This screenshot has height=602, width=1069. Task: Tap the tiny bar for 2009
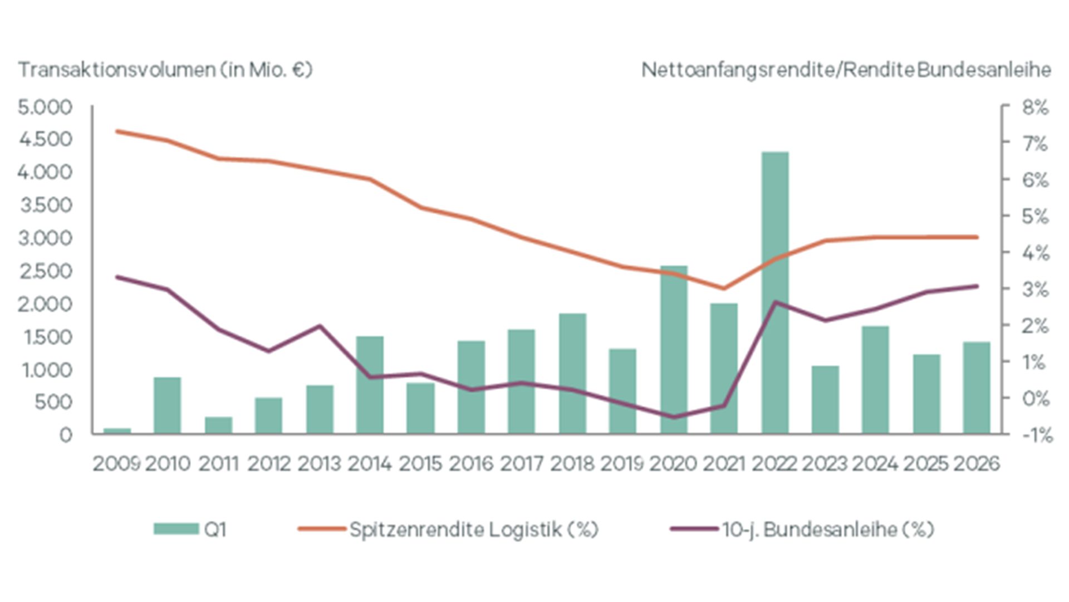[117, 430]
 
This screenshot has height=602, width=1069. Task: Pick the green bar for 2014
[370, 385]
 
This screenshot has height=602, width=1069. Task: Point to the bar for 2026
[977, 388]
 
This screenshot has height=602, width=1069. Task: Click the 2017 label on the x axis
[521, 463]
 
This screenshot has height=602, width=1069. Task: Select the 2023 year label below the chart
[825, 463]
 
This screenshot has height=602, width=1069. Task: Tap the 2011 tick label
[218, 463]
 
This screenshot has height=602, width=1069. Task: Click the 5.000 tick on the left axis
[45, 107]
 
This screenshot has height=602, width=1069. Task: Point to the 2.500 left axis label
[45, 271]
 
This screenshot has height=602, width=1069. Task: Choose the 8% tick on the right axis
[1035, 107]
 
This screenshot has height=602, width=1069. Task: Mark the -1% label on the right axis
[1037, 435]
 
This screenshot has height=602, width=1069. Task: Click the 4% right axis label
[1035, 253]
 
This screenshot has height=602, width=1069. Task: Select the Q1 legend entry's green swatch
[176, 529]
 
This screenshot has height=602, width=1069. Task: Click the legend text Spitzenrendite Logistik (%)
[474, 529]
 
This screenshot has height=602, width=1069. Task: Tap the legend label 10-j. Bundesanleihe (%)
[827, 529]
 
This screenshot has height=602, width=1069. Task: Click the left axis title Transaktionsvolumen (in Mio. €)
[165, 70]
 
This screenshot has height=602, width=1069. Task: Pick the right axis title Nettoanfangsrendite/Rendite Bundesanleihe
[846, 70]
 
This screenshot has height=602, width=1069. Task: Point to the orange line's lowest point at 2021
[724, 288]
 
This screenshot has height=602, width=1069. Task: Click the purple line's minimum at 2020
[674, 417]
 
